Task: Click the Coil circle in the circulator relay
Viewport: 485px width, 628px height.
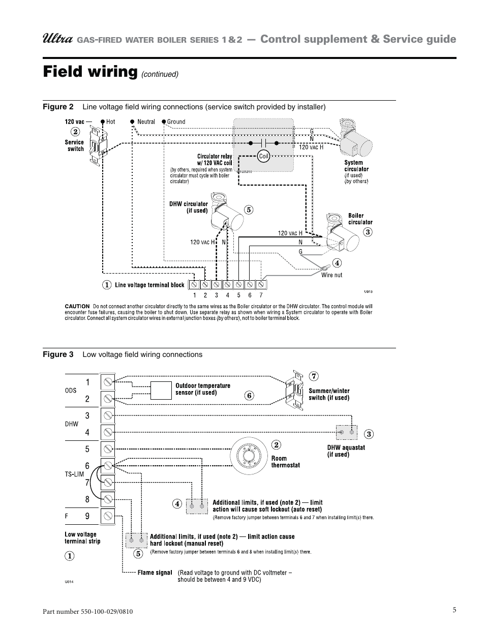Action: coord(263,156)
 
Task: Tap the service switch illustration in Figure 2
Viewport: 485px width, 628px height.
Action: coord(99,145)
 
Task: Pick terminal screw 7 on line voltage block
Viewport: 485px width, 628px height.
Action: coord(261,285)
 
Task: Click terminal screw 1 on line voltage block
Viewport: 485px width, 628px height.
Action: coord(194,285)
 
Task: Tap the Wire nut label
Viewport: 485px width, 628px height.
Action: coord(331,275)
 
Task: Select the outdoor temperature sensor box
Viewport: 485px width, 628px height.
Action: coord(161,391)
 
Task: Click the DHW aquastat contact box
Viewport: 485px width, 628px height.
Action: coord(347,432)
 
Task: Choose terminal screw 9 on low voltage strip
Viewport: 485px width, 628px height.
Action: coord(108,516)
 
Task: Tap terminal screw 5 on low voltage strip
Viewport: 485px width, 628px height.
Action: coord(108,449)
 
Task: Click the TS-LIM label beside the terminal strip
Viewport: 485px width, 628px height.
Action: coord(74,474)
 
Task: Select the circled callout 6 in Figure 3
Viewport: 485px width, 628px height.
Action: coord(249,396)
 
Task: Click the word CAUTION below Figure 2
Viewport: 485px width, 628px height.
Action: coord(77,306)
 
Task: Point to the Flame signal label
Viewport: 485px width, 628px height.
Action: coord(155,573)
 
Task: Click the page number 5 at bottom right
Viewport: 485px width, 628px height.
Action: coord(454,610)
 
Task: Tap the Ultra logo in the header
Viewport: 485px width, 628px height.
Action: coord(58,39)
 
